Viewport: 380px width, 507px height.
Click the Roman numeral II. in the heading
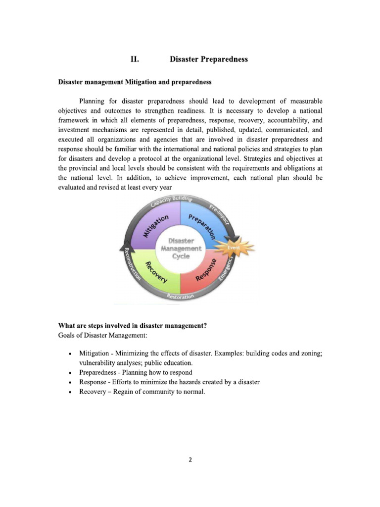[134, 59]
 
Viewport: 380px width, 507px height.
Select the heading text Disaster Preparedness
[208, 59]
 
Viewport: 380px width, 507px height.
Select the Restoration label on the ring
[180, 296]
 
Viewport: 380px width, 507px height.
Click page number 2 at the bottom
[190, 459]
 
